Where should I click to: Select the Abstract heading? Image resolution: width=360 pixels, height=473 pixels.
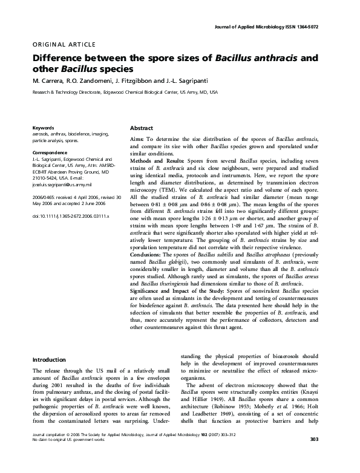pyautogui.click(x=142, y=129)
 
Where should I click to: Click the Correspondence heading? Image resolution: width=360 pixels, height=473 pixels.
pyautogui.click(x=50, y=151)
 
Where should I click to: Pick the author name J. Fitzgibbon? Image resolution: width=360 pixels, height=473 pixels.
pyautogui.click(x=142, y=81)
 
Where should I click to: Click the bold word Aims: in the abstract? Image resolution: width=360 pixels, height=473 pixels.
pyautogui.click(x=137, y=139)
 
